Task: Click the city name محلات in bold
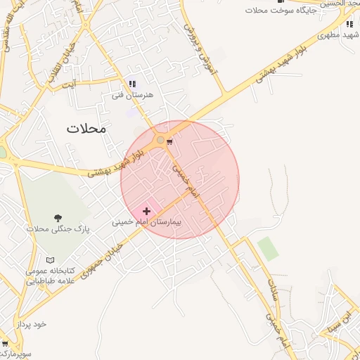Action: pyautogui.click(x=86, y=129)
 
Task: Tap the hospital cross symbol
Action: pyautogui.click(x=146, y=211)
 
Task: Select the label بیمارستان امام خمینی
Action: pyautogui.click(x=146, y=221)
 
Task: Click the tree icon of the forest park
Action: pyautogui.click(x=58, y=219)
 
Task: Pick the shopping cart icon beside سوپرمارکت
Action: pyautogui.click(x=4, y=344)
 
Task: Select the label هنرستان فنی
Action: pyautogui.click(x=132, y=94)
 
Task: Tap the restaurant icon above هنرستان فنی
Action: pyautogui.click(x=132, y=84)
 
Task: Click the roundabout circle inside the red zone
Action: pyautogui.click(x=160, y=141)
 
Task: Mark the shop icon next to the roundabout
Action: pyautogui.click(x=170, y=141)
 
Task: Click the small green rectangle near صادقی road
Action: pyautogui.click(x=267, y=248)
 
